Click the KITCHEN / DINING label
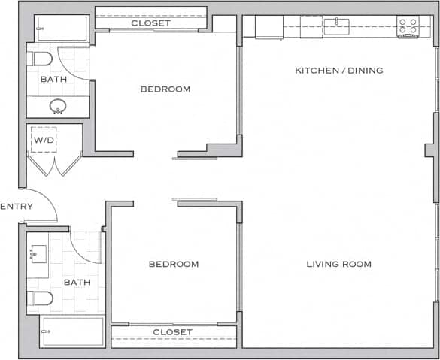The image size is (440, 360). [x=338, y=71]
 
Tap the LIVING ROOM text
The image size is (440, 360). [x=338, y=264]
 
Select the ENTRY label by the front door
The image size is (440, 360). [x=14, y=207]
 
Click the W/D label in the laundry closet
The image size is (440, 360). [x=43, y=139]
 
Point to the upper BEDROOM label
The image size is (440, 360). [x=165, y=89]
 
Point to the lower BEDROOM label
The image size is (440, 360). [x=173, y=264]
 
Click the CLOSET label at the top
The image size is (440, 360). [x=150, y=23]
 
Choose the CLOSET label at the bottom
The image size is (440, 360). [x=172, y=332]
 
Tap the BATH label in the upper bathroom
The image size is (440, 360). [x=53, y=79]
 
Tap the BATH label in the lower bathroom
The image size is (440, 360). [x=77, y=283]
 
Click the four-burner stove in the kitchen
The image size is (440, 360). [x=407, y=27]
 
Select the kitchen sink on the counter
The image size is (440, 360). [x=336, y=26]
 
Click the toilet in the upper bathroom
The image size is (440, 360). [x=39, y=58]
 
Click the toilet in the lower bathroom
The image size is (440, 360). [x=40, y=298]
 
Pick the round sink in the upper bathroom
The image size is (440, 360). [x=58, y=106]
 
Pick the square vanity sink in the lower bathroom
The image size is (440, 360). [x=38, y=253]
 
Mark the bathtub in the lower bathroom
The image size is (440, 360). [x=72, y=331]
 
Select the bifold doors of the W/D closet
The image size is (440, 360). [x=54, y=165]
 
